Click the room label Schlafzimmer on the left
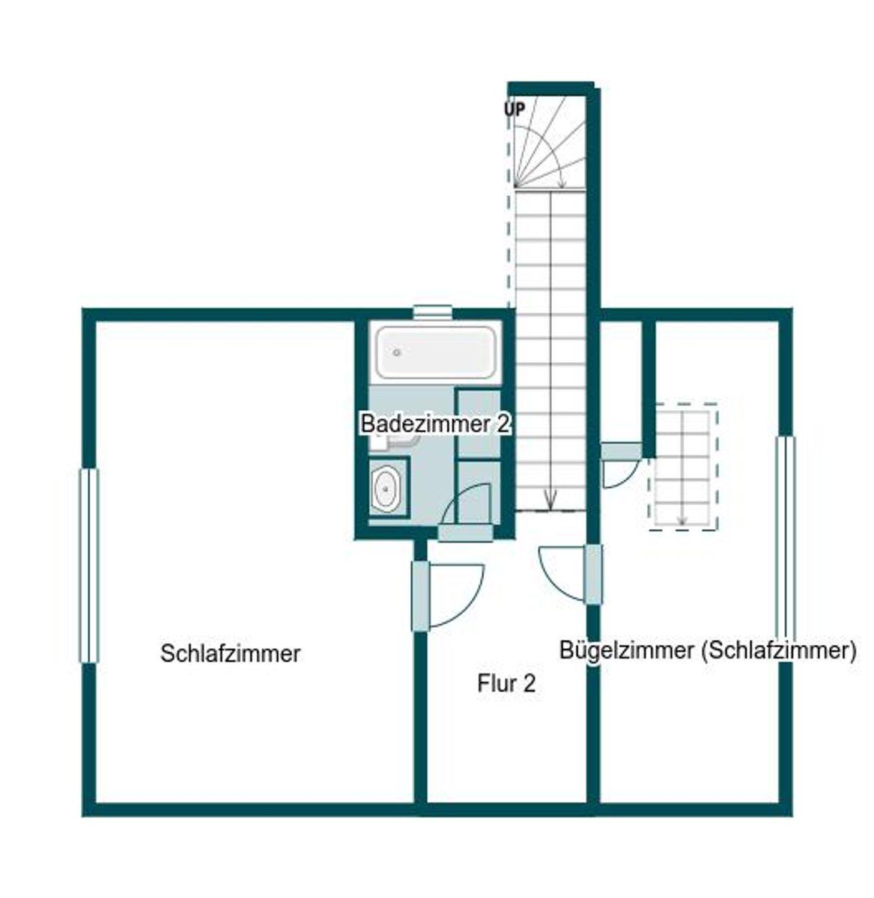tap(230, 653)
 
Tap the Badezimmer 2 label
tap(435, 424)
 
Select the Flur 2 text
tap(506, 683)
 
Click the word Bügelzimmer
tap(616, 650)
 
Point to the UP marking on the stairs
tap(514, 109)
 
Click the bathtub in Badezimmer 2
tap(435, 352)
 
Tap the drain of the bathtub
tap(398, 352)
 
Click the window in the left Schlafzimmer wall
tap(89, 565)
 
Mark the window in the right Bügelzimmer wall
tap(785, 535)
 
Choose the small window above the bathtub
tap(433, 311)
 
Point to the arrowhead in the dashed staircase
tap(682, 520)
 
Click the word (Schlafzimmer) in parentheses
tap(779, 650)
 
